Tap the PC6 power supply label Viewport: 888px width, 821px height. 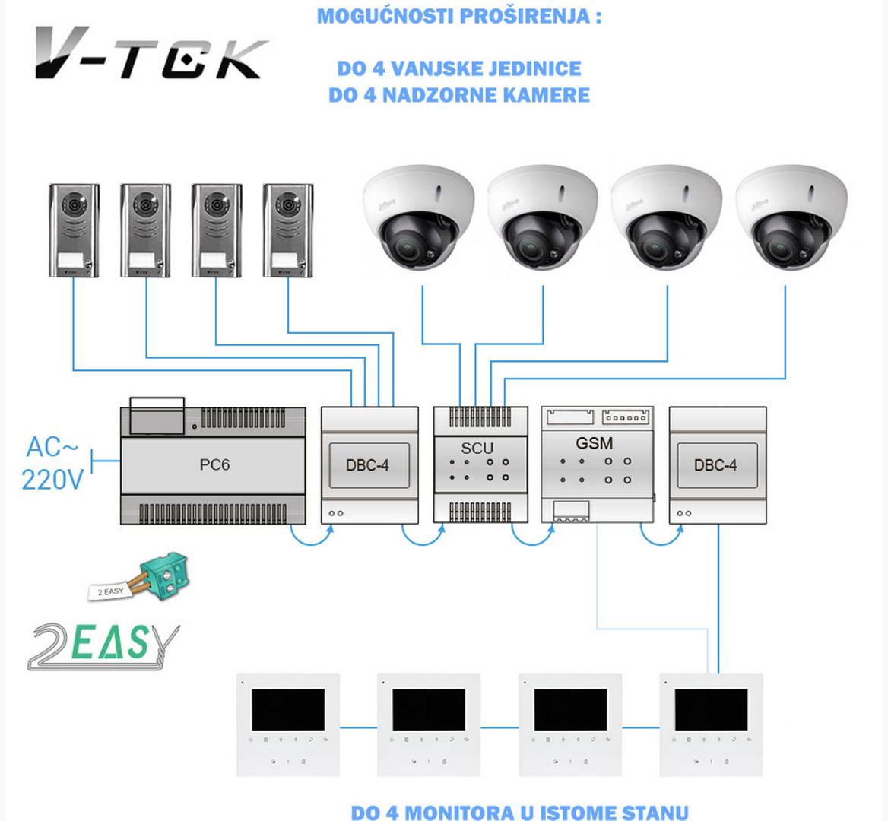tap(214, 464)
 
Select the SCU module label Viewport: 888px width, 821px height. tap(477, 448)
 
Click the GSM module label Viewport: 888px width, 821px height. tap(594, 442)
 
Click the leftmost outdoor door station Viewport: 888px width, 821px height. tap(74, 230)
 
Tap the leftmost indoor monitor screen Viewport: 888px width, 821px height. tap(288, 710)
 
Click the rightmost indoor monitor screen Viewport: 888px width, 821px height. tap(711, 710)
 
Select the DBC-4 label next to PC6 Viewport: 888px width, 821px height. tap(368, 464)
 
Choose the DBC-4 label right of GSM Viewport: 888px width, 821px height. tap(715, 464)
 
